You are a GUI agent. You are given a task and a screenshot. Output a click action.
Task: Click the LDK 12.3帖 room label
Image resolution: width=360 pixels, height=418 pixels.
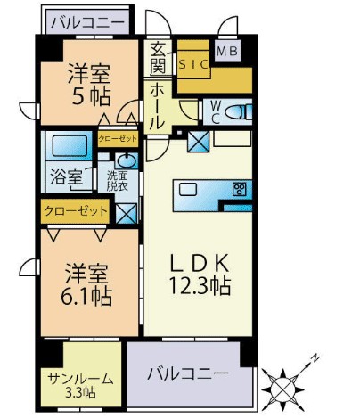(200, 274)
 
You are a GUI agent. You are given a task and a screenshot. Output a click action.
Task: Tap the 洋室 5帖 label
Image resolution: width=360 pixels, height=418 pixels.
(89, 85)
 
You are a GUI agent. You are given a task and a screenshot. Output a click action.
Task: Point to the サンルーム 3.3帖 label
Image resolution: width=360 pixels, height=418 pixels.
(80, 386)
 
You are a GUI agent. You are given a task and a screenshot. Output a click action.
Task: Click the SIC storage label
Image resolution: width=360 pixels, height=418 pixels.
(193, 64)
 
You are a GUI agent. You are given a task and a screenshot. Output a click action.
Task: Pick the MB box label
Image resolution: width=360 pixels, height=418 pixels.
(227, 52)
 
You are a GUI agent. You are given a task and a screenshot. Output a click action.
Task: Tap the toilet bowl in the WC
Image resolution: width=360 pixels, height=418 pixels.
(238, 112)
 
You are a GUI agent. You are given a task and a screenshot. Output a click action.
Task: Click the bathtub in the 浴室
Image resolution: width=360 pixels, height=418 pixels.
(70, 146)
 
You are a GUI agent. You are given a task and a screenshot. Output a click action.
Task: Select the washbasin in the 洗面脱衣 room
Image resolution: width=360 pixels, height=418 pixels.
(127, 161)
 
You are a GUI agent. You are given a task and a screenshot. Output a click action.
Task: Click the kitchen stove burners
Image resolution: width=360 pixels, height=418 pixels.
(240, 189)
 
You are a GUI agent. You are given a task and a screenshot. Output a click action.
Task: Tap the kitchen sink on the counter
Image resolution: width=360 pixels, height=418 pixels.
(188, 189)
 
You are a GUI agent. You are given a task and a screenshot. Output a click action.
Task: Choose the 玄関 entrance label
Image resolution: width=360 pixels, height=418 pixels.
(158, 58)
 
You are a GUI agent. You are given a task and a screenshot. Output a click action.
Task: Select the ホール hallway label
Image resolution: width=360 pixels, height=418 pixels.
(157, 106)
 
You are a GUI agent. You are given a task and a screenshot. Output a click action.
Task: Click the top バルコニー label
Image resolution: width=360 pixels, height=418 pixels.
(87, 23)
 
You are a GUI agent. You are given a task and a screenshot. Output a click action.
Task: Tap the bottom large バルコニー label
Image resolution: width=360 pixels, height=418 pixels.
(188, 373)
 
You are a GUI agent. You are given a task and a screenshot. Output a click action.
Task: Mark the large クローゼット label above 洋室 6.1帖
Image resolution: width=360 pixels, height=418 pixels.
(76, 210)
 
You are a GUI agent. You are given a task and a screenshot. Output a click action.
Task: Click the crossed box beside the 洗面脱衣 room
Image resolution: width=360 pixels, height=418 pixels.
(127, 213)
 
